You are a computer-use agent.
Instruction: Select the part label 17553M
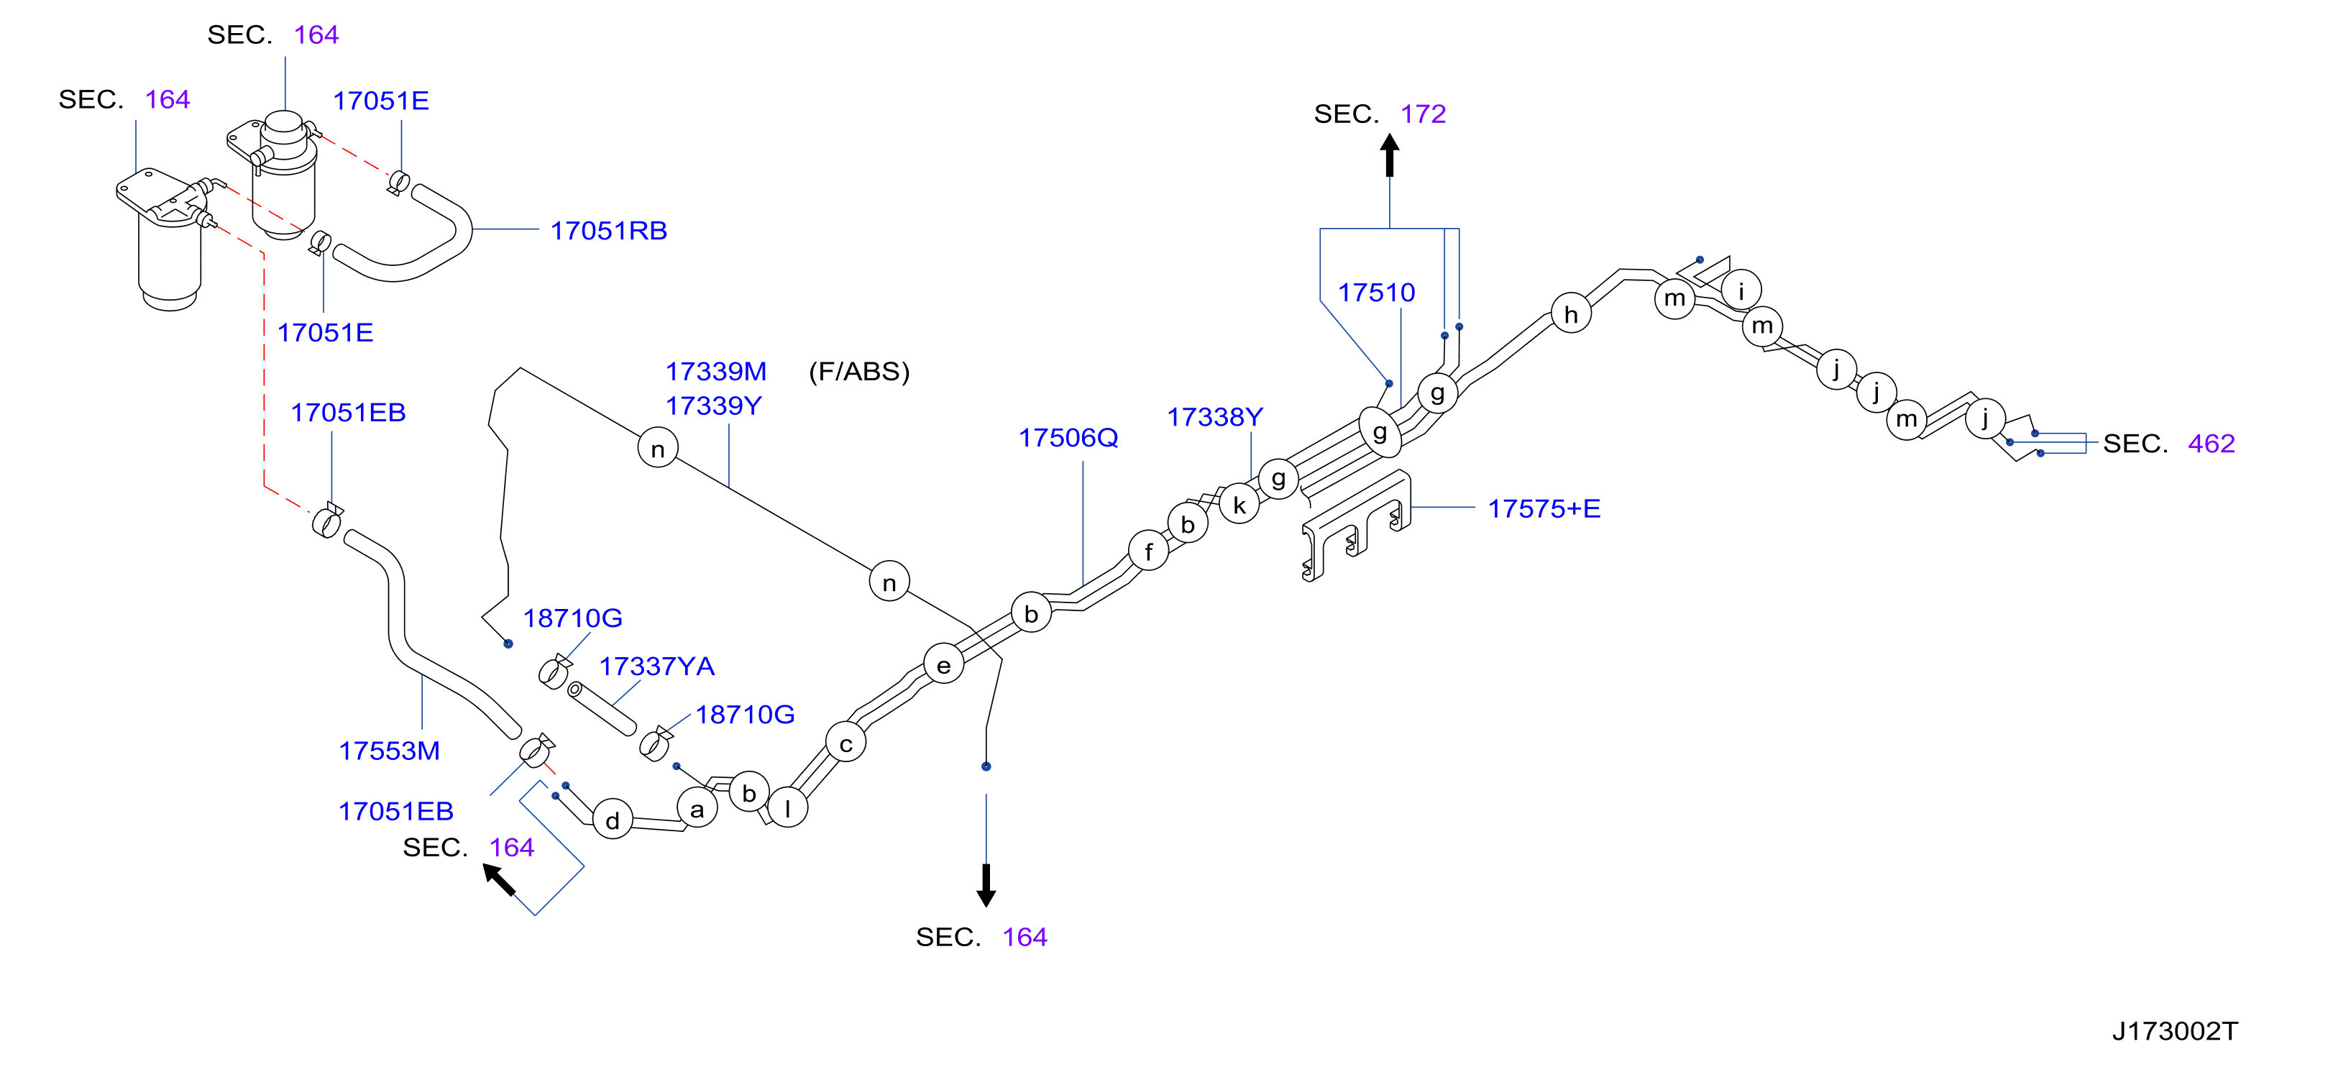(x=389, y=751)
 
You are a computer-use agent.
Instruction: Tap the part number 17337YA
(x=657, y=666)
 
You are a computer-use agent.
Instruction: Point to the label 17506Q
(x=1068, y=437)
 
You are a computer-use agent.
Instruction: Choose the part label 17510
(x=1376, y=292)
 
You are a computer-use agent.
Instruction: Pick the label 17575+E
(x=1544, y=508)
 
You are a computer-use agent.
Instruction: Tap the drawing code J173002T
(x=2174, y=1031)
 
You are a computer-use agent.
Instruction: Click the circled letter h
(x=1571, y=313)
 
